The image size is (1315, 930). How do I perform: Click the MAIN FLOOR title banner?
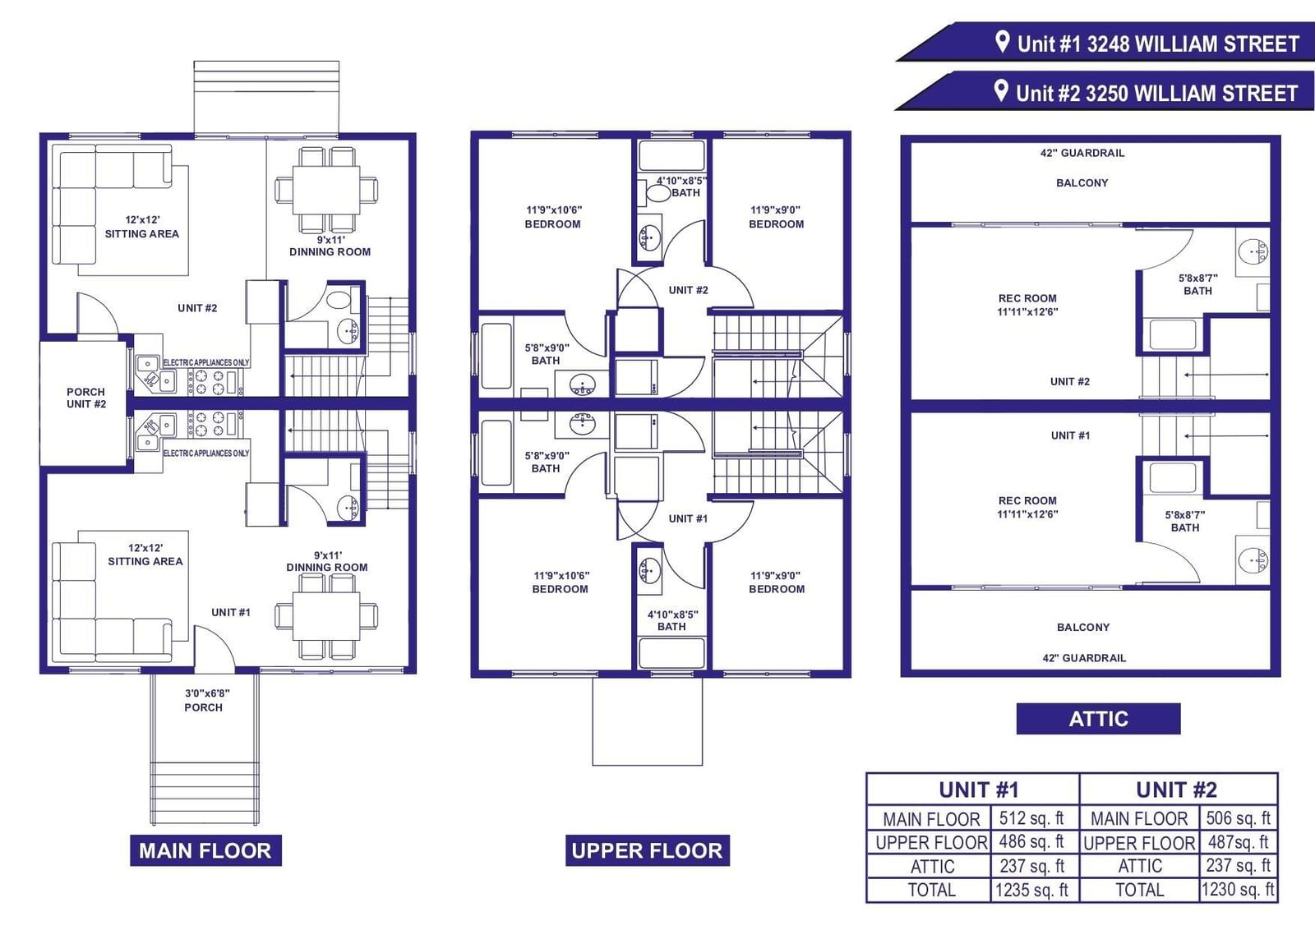click(205, 850)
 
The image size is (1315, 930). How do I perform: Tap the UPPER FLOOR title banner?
click(648, 850)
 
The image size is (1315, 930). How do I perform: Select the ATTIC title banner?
click(1098, 719)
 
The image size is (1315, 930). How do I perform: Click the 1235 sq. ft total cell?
click(1031, 890)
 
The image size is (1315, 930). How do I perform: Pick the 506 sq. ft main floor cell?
click(1238, 818)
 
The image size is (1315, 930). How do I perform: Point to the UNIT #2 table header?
click(1177, 790)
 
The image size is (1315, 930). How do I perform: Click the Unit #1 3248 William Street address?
click(1158, 44)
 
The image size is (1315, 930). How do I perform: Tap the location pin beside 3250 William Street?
click(1001, 91)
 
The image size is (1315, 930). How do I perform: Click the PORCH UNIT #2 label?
click(85, 398)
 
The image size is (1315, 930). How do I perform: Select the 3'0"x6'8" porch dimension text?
click(207, 693)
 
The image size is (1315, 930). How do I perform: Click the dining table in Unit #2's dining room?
click(326, 190)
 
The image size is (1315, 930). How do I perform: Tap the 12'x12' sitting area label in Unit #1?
click(145, 555)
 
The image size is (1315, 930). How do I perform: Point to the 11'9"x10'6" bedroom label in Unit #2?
click(553, 217)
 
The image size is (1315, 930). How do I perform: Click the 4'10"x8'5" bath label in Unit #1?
click(672, 620)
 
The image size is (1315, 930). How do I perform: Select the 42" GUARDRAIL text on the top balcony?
click(1082, 153)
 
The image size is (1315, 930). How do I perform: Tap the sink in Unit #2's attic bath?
click(1253, 252)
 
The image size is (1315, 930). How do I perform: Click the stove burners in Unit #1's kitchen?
click(210, 424)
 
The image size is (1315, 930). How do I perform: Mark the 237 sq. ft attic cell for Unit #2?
click(1238, 865)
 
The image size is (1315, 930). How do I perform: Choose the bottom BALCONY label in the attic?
click(1083, 627)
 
